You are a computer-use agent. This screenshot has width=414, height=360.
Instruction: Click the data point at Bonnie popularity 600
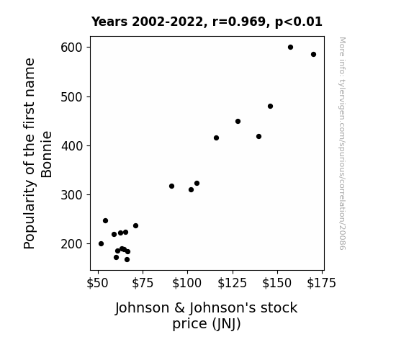290,48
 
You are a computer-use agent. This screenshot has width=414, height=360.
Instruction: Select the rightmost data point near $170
313,55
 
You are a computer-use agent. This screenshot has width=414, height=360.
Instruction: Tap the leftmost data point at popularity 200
101,244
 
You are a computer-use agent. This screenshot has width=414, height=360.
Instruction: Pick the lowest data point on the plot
127,260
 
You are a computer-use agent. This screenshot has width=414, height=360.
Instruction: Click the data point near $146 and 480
270,106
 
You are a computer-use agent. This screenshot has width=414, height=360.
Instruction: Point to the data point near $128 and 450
238,122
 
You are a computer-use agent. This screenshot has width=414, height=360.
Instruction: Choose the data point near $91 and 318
171,186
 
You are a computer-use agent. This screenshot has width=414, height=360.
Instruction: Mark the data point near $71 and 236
135,226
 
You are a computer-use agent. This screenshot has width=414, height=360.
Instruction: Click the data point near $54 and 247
105,221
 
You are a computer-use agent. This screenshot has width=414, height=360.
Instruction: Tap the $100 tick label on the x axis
187,283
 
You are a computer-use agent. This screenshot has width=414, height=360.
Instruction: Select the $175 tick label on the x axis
321,283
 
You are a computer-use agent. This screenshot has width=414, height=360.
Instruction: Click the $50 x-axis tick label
97,283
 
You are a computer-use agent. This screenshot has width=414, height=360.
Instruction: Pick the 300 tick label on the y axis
71,195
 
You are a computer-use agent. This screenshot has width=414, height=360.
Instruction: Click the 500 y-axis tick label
71,97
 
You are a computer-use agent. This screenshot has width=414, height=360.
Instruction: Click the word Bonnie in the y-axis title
47,154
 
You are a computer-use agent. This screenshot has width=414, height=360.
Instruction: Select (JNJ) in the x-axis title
227,324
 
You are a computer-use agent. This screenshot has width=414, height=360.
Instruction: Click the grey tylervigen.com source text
342,143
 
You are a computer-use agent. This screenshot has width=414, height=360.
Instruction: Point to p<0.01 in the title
299,22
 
